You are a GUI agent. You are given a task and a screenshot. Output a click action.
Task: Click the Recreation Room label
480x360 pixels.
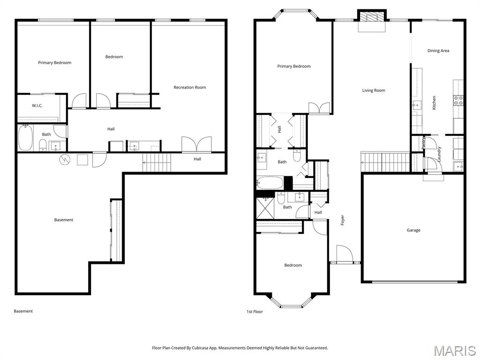tap(190, 87)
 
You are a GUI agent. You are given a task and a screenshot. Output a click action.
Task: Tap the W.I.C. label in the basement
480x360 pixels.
tap(37, 105)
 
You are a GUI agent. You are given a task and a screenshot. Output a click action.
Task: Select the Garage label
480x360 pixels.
tap(413, 230)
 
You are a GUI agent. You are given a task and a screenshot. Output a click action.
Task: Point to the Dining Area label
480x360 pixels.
tap(438, 51)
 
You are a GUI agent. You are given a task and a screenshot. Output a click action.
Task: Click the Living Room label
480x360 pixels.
tap(374, 90)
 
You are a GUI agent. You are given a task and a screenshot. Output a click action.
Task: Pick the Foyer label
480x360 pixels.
tap(343, 220)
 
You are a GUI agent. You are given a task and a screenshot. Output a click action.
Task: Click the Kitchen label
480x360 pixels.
tap(434, 103)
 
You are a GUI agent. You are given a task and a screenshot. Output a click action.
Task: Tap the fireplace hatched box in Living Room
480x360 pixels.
tap(372, 16)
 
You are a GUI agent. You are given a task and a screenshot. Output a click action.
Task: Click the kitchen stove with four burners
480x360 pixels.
tap(458, 100)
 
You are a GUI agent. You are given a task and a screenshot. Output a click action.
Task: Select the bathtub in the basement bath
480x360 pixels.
tap(25, 138)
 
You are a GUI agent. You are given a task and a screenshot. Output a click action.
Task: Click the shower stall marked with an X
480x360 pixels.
tap(265, 208)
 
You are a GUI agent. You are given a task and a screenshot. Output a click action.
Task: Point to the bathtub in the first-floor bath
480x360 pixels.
tap(270, 183)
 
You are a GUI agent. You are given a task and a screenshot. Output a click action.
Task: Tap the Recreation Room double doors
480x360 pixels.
tap(196, 144)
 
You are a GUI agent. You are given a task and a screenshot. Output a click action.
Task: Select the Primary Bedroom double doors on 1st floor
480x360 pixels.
tap(319, 108)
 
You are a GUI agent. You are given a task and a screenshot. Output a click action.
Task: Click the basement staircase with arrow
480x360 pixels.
tap(157, 163)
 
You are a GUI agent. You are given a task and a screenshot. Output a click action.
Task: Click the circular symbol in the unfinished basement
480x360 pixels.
tap(65, 159)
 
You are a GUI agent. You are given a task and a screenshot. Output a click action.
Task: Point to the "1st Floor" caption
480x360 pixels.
tap(255, 312)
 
